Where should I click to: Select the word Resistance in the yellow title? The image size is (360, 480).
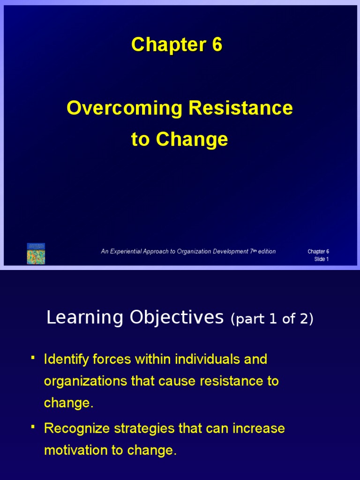tap(241, 108)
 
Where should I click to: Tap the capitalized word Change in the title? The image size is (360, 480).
tap(192, 139)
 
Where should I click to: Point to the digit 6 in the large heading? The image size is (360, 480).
tap(216, 45)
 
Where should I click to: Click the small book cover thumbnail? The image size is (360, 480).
tap(36, 254)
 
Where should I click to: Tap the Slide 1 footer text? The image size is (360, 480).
tap(321, 259)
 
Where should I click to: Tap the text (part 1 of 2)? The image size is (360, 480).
tap(272, 319)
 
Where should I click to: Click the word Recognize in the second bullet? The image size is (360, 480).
tap(76, 428)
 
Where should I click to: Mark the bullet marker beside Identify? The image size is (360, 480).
tap(32, 359)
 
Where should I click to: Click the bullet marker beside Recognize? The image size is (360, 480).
tap(32, 427)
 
